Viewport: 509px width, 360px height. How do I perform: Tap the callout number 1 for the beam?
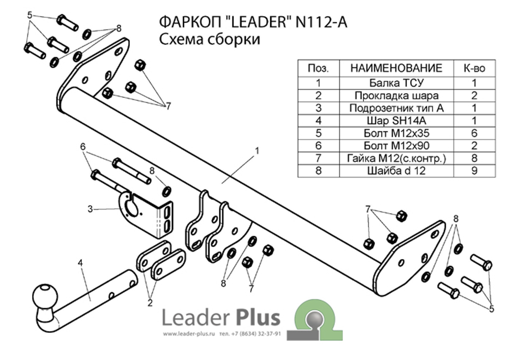(258, 151)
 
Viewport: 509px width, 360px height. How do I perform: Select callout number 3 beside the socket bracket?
(90, 208)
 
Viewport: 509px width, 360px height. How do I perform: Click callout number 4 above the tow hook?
(80, 263)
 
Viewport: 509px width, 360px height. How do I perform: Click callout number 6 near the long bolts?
(82, 146)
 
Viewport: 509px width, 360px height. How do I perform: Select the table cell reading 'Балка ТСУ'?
(395, 82)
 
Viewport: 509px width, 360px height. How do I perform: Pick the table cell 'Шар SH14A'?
(395, 121)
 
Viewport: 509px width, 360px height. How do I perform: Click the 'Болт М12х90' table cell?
(395, 146)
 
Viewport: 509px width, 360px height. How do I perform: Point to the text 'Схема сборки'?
(209, 40)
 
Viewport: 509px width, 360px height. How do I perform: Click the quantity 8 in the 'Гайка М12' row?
(474, 158)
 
